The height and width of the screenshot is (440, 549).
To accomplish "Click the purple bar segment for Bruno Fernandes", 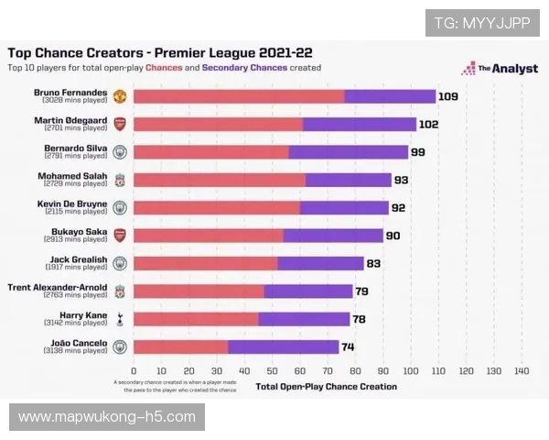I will (390, 96).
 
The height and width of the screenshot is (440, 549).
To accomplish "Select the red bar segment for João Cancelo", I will (180, 346).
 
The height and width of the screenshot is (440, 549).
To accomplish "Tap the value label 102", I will (429, 125).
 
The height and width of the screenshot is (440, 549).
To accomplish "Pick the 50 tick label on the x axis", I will (272, 371).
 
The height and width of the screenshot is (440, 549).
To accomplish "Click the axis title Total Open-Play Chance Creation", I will (327, 387).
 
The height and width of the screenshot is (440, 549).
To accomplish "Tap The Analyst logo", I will (501, 68).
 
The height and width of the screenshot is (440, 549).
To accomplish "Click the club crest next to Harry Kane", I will (120, 319).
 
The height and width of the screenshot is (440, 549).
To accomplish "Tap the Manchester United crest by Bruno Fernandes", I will (120, 96).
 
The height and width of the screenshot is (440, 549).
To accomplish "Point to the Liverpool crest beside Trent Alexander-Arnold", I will (120, 291).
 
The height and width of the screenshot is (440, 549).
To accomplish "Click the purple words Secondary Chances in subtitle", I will (244, 68).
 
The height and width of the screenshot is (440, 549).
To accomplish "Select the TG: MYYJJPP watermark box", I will (481, 23).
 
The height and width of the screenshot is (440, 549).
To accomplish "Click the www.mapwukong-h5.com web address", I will (106, 417).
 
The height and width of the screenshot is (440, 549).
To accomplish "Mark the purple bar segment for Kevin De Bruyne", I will (344, 208).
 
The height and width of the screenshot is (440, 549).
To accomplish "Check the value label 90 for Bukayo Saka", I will (393, 236).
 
